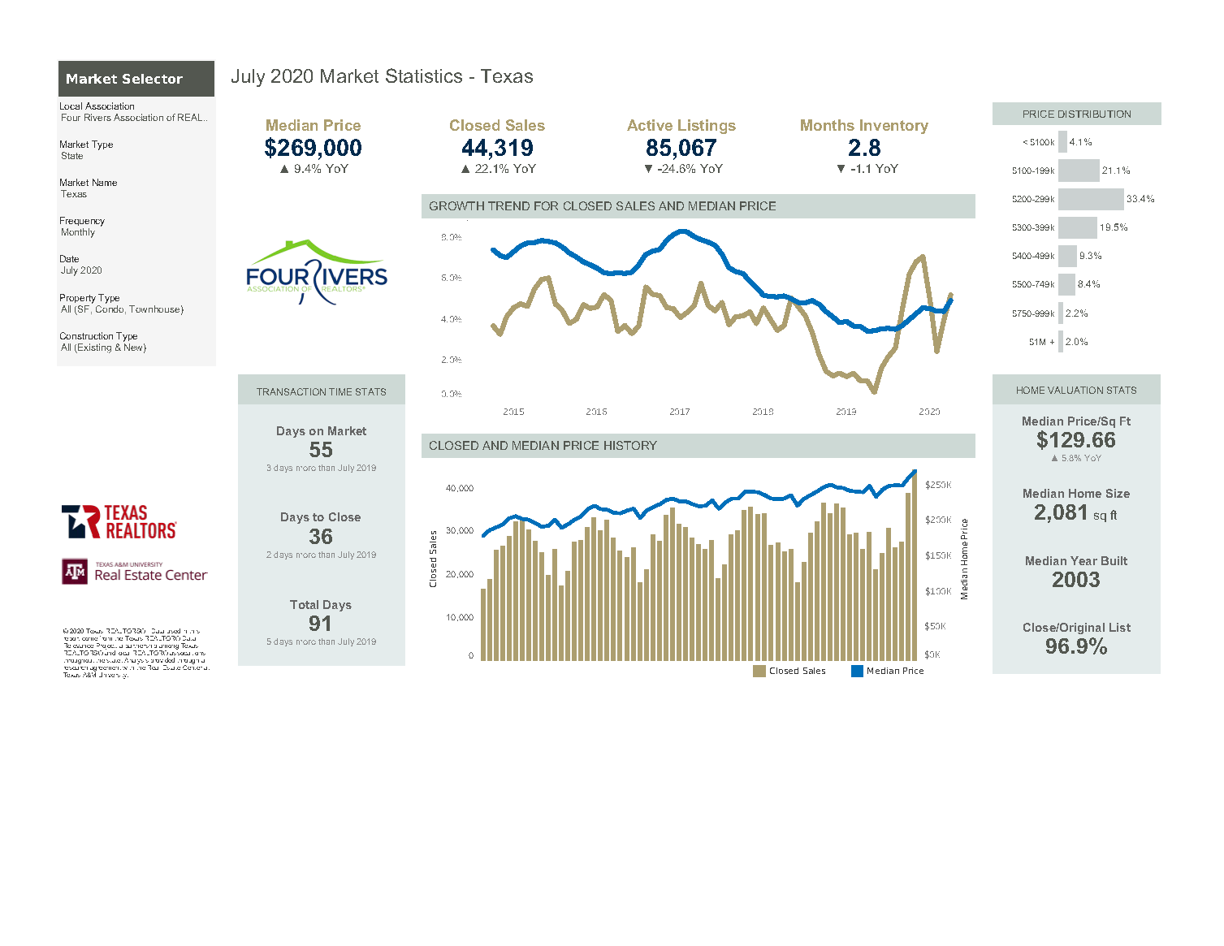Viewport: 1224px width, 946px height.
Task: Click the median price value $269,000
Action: point(313,148)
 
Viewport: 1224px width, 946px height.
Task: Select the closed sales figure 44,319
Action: point(497,148)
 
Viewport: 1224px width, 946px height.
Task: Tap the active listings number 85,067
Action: point(681,148)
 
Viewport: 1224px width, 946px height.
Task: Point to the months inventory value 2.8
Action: point(864,148)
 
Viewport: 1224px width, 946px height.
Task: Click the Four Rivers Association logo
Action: point(317,273)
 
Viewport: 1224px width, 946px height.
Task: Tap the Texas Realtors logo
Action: point(119,522)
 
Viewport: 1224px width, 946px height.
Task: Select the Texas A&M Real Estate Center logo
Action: point(135,572)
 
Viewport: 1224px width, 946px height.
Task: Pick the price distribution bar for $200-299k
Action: point(1091,199)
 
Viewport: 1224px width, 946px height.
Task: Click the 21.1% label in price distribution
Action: point(1116,171)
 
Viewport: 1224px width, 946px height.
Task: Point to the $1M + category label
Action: point(1041,342)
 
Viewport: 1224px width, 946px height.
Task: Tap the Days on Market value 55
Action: point(321,450)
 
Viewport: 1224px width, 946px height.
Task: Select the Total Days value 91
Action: point(320,624)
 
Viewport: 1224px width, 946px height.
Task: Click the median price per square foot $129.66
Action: point(1075,440)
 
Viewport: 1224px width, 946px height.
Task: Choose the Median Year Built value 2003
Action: point(1075,580)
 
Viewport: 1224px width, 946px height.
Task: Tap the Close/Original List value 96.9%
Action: point(1075,646)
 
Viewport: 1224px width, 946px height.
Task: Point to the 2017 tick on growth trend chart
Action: point(680,412)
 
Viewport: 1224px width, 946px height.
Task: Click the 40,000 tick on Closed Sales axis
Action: point(459,488)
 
